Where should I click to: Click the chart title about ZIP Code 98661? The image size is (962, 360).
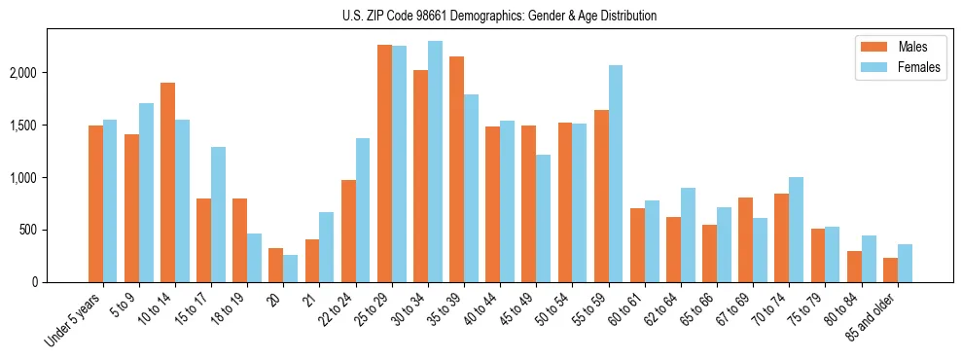[x=499, y=16]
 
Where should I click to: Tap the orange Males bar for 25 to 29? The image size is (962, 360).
[x=385, y=163]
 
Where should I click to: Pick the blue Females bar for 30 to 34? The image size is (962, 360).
[x=435, y=162]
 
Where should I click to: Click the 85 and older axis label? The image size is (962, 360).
[x=873, y=320]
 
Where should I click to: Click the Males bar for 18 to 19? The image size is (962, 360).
[x=239, y=240]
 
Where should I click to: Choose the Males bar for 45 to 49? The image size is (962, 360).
[x=529, y=203]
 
